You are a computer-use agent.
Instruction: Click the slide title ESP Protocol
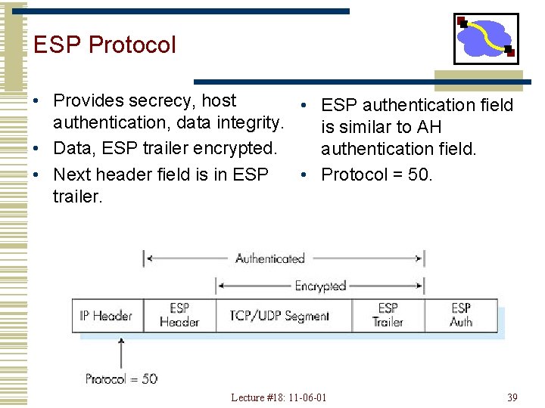[x=104, y=45]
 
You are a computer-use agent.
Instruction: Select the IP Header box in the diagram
[x=107, y=315]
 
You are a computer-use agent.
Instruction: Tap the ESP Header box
[x=179, y=315]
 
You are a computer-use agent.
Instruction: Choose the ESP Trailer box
[x=388, y=315]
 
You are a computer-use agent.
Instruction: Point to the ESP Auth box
[x=461, y=315]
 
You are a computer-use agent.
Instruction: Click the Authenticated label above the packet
[x=270, y=258]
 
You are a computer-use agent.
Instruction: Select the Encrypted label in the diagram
[x=320, y=286]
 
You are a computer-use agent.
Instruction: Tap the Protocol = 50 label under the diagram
[x=121, y=379]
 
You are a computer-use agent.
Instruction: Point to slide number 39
[x=512, y=397]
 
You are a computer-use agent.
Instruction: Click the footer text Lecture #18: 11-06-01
[x=279, y=397]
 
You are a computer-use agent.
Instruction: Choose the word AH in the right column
[x=429, y=127]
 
